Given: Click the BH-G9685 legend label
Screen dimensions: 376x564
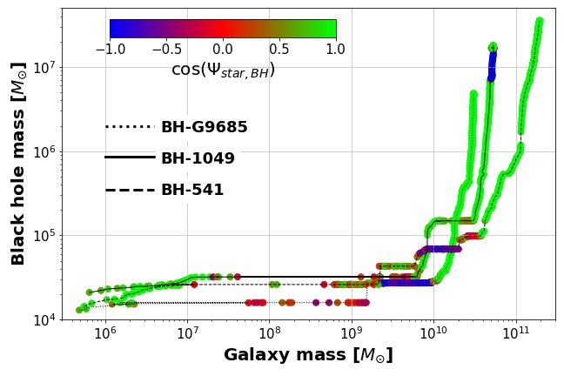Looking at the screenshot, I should click(204, 127).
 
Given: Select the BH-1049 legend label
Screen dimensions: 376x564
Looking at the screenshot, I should click(198, 158).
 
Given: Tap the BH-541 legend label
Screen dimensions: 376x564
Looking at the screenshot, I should click(192, 190).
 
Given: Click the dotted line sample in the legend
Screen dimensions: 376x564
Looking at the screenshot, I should click(130, 127).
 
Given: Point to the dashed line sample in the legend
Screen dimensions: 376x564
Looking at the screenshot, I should click(130, 190).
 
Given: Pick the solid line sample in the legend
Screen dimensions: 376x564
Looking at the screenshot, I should click(130, 158).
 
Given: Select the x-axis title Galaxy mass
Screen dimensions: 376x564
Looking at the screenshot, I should click(308, 355).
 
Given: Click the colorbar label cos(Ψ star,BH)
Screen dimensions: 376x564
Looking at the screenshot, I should click(223, 70).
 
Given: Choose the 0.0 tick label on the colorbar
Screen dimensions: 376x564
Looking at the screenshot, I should click(223, 50).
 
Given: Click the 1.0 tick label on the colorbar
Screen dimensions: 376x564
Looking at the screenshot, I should click(336, 50).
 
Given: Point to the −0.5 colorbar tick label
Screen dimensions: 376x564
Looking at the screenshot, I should click(165, 50).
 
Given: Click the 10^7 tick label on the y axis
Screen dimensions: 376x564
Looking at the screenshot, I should click(42, 68).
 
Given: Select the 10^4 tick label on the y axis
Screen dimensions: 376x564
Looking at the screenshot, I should click(42, 320).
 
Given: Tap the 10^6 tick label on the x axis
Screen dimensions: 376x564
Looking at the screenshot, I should click(105, 334).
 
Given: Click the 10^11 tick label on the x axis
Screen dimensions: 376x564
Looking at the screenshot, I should click(516, 334).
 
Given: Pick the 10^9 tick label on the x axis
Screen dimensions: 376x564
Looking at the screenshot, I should click(352, 334).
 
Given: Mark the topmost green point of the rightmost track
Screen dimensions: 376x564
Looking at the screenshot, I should click(540, 21).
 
